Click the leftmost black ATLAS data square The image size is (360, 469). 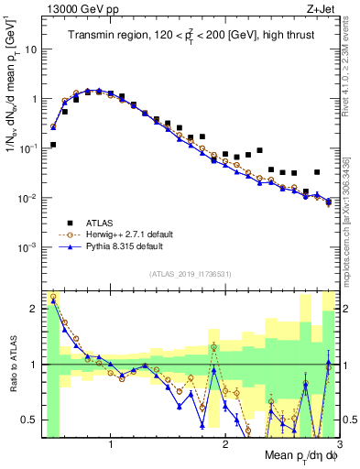pos(53,145)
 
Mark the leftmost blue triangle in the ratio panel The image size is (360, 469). pos(53,300)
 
